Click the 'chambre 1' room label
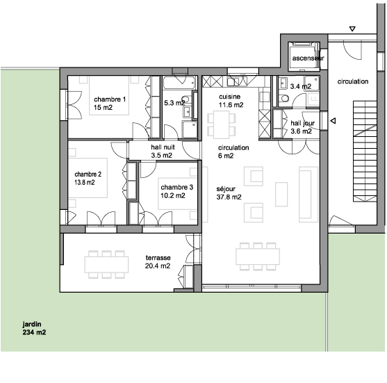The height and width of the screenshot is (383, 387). [110, 99]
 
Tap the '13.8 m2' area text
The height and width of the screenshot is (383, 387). [85, 183]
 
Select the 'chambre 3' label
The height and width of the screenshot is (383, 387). [176, 187]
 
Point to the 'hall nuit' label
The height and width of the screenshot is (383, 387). [163, 147]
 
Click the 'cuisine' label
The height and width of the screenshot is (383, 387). [229, 97]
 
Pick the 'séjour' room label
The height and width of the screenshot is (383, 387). [226, 189]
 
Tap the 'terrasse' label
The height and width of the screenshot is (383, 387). [158, 258]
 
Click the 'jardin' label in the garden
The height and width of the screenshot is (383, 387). [32, 324]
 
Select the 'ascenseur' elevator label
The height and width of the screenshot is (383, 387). [308, 58]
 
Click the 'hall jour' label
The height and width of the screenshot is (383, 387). [303, 123]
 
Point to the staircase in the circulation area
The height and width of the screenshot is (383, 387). [365, 151]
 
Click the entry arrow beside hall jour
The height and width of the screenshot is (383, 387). [333, 121]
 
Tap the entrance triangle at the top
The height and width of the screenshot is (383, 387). [352, 29]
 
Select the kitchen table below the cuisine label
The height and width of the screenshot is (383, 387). [222, 124]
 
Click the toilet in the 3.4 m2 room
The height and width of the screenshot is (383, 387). [284, 98]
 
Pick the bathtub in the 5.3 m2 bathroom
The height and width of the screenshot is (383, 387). [179, 83]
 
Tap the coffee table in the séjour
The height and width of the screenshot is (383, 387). [281, 194]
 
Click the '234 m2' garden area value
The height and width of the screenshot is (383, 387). [34, 332]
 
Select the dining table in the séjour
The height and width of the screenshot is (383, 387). [258, 256]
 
